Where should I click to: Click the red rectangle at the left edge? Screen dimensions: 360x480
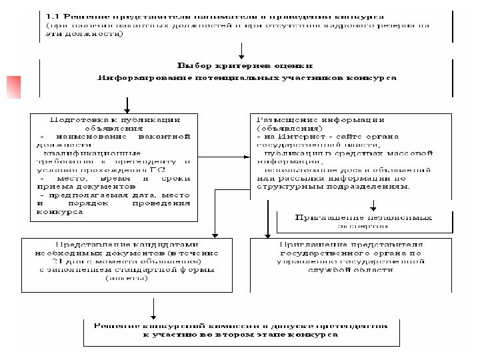click(13, 87)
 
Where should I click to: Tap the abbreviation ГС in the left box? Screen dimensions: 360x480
click(184, 170)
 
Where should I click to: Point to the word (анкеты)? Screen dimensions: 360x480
click(127, 278)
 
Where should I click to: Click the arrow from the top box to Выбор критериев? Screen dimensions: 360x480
click(241, 51)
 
